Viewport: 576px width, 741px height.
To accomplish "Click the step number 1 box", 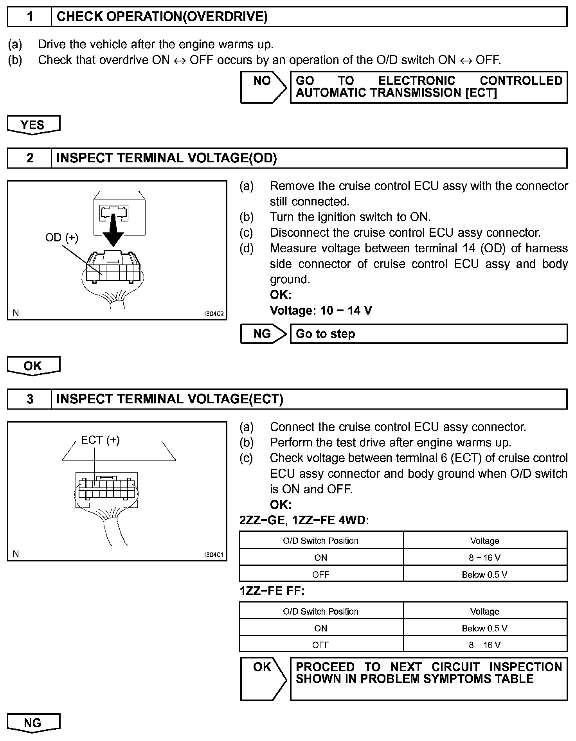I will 30,17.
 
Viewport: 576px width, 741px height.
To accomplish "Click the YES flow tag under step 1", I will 33,125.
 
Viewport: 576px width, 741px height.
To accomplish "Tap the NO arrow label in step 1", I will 262,81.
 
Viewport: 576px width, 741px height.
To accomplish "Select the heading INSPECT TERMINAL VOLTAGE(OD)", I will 167,158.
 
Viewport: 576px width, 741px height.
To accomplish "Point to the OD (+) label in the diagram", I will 62,237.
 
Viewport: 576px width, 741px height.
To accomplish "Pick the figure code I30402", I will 214,314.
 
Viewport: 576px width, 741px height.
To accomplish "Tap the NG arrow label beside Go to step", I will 262,334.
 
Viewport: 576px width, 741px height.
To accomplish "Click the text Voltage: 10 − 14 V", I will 321,311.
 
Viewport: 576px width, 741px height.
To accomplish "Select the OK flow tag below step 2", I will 33,366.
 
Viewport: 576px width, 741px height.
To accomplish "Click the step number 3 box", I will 30,399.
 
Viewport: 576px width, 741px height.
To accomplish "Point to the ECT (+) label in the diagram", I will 100,440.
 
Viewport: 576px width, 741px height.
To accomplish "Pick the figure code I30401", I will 214,555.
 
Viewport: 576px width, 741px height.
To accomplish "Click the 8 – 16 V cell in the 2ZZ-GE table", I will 485,558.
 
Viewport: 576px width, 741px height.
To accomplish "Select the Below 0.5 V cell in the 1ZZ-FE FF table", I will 485,628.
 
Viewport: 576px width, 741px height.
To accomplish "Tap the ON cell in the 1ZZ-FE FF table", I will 321,628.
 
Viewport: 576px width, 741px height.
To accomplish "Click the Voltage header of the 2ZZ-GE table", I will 485,541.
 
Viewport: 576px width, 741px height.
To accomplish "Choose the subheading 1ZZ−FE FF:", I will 272,591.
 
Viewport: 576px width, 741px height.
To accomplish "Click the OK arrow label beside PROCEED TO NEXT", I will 262,667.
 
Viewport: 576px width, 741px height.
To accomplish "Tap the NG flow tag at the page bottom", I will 33,723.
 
